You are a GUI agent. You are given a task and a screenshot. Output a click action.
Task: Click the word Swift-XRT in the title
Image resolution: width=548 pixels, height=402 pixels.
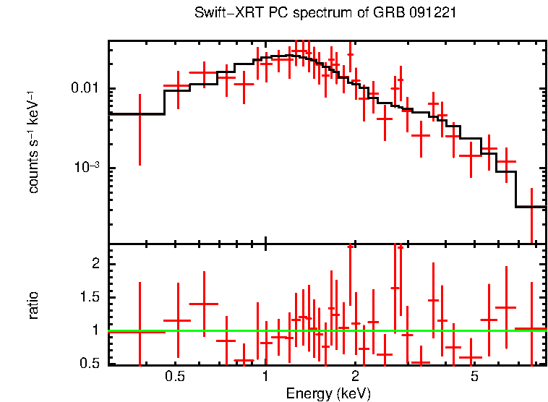[224, 14]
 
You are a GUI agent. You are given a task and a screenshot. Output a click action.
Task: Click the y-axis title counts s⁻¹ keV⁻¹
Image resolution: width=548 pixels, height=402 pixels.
[34, 142]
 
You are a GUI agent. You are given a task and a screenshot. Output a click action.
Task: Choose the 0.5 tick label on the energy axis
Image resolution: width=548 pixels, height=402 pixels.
[175, 376]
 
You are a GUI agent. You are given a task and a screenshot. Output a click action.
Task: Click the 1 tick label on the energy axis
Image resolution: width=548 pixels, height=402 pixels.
[265, 376]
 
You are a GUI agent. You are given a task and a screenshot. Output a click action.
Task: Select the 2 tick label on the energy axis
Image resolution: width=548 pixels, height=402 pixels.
[355, 376]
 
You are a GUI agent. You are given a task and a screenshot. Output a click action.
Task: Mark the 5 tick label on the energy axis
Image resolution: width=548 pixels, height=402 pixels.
[474, 376]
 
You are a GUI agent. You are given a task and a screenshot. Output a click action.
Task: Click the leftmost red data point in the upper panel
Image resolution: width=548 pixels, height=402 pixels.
[140, 114]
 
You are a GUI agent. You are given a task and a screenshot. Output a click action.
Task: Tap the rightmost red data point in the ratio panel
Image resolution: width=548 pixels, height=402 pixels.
[531, 329]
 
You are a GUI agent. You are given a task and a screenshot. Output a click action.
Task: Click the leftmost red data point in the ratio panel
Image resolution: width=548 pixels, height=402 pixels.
[140, 332]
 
